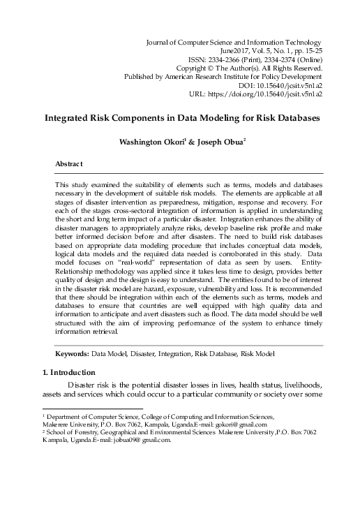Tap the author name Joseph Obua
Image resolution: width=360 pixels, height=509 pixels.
(x=217, y=142)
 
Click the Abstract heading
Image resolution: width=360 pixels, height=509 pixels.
(x=69, y=163)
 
